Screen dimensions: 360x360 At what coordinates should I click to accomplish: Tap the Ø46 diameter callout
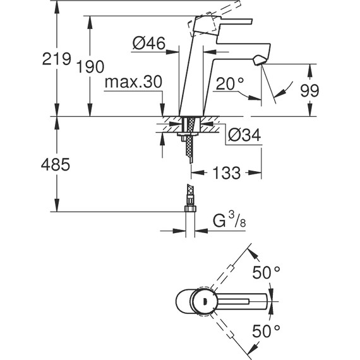149,44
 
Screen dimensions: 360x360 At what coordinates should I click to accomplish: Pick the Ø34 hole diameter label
242,135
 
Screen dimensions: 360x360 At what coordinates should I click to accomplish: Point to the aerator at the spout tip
257,60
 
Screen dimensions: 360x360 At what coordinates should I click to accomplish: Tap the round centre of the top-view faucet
202,303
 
